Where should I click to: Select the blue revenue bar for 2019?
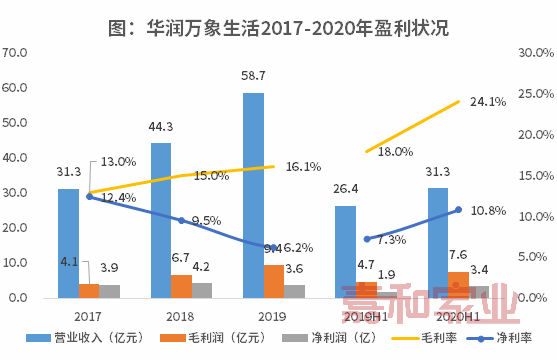(x=253, y=195)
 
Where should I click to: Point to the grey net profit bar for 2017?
(x=110, y=291)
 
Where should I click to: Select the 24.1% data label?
(x=488, y=101)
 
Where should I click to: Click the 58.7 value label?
(x=253, y=76)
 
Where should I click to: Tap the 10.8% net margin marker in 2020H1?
(x=458, y=210)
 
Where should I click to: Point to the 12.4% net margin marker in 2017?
(x=90, y=196)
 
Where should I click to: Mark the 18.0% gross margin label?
(x=396, y=151)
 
